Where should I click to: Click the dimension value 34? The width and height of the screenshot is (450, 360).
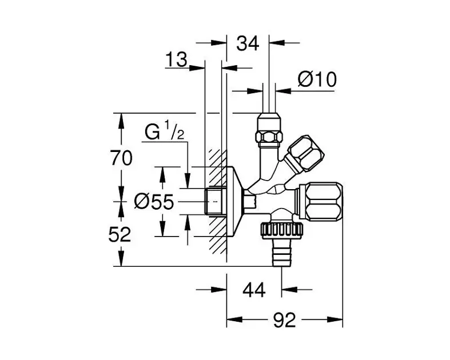pos(248,43)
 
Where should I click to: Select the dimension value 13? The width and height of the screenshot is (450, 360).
pos(176,59)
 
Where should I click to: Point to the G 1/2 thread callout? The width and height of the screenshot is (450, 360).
pos(165,130)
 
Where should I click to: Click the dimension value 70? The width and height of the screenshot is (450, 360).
pos(122,158)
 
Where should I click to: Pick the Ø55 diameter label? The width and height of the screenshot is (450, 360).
pos(154,202)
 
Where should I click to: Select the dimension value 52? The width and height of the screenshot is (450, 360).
pos(120,235)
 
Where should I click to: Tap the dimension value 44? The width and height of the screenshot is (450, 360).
pos(254,290)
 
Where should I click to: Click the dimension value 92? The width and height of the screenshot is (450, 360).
pos(284,320)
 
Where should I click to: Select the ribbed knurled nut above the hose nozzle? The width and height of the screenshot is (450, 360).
pos(282,230)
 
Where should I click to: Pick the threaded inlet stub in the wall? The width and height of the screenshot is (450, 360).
pos(216,201)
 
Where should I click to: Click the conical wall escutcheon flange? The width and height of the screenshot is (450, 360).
pos(235,202)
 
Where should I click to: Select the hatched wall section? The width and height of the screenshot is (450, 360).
pos(217,201)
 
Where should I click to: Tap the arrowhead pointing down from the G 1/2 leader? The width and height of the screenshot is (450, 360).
pos(188,181)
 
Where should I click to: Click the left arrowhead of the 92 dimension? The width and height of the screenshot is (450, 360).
pos(235,319)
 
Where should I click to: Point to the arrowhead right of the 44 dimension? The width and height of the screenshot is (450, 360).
pos(289,290)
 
